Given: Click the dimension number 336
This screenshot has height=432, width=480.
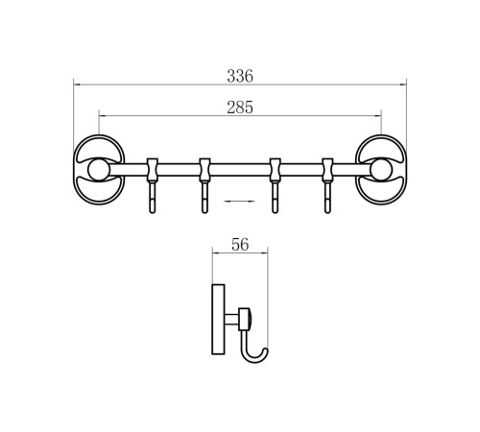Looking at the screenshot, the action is [x=240, y=76].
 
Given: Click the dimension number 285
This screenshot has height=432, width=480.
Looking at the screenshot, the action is [x=240, y=108].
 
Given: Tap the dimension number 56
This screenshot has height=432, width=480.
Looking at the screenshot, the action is [x=240, y=245].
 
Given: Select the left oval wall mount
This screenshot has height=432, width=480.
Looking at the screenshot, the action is [x=99, y=170].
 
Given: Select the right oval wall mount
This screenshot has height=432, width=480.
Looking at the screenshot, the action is [x=381, y=170].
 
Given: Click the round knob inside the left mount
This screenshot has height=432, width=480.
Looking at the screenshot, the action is [x=99, y=170].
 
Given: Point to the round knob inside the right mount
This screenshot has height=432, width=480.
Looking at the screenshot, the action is [x=381, y=170].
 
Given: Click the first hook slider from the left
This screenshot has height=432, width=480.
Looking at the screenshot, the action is [x=153, y=170].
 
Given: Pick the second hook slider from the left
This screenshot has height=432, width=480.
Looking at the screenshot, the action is [x=204, y=170].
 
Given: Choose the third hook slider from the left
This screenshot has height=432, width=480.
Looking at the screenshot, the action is [x=275, y=170].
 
